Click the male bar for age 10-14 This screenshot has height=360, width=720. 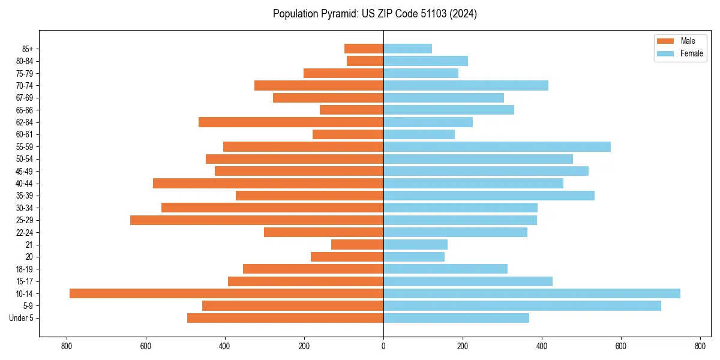(x=226, y=293)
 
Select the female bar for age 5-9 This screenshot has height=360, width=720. (x=522, y=305)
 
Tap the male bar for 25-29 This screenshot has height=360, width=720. (x=257, y=220)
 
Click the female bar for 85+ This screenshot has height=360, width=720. (x=407, y=49)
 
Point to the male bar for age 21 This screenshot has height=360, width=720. (x=357, y=244)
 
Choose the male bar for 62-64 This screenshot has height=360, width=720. (x=291, y=122)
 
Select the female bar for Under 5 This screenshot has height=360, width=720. (x=456, y=318)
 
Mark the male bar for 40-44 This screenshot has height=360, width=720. (x=268, y=183)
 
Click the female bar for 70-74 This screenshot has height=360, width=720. (x=466, y=85)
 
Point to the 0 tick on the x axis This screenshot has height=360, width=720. (x=383, y=346)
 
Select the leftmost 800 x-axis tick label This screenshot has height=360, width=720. (x=67, y=346)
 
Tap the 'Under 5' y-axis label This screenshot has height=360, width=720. (x=22, y=318)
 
